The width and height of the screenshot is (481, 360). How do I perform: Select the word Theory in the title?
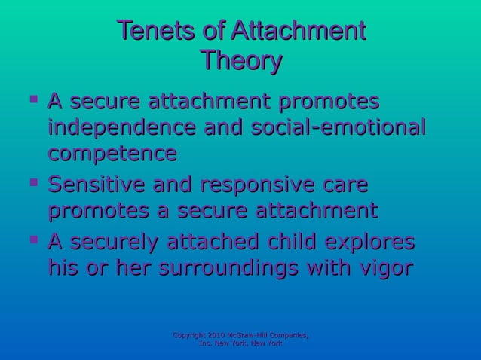coord(240,61)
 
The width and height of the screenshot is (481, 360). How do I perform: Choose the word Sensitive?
coord(103,185)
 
